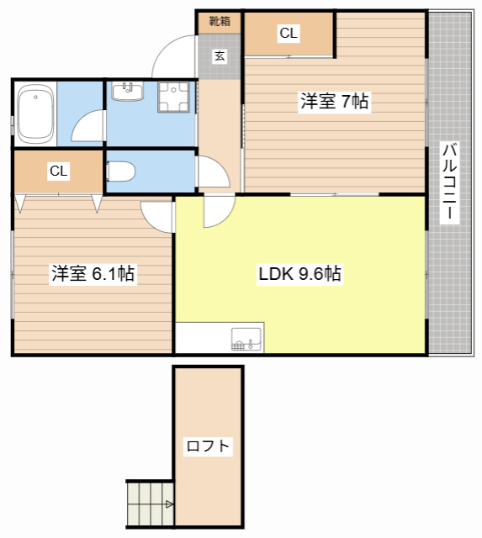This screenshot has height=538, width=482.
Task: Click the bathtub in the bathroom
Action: coord(35,114)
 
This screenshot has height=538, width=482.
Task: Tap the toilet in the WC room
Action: coord(120,171)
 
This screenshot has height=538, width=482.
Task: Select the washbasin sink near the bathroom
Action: coord(127,92)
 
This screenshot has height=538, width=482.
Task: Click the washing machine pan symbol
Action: coord(173,97)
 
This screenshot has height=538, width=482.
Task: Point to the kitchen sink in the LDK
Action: coord(246,339)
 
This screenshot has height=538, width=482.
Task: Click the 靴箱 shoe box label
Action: coord(220,21)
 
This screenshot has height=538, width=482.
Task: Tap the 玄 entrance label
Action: coord(220,55)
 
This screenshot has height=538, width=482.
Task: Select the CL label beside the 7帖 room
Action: coord(289,33)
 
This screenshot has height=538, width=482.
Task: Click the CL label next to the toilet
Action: coord(59,171)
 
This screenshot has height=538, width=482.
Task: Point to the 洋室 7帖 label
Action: coord(335,101)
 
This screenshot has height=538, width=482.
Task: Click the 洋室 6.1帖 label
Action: coord(93,273)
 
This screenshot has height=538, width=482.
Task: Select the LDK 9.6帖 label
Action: coord(299,273)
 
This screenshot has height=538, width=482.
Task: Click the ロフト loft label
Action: coord(208,446)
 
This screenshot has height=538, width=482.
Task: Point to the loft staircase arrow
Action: coord(170,504)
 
